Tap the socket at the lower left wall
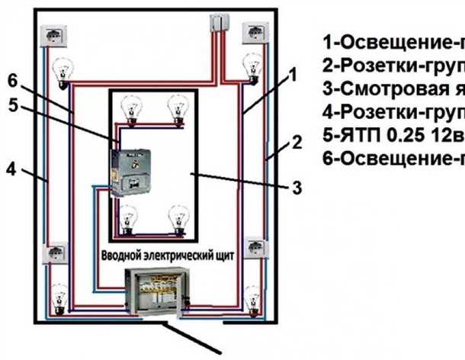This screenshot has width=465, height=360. [54, 253]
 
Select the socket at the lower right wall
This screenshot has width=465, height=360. [253, 252]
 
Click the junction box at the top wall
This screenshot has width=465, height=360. [220, 24]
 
